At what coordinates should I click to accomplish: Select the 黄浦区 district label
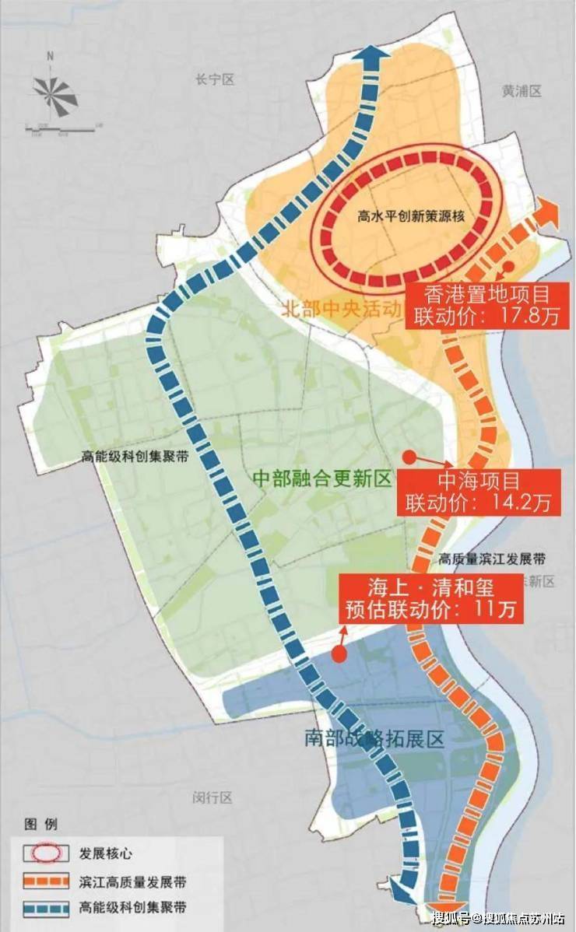pyautogui.click(x=521, y=91)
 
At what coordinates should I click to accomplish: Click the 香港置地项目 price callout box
pyautogui.click(x=486, y=305)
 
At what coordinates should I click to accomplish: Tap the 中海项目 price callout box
pyautogui.click(x=478, y=491)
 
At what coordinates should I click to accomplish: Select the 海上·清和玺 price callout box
pyautogui.click(x=430, y=597)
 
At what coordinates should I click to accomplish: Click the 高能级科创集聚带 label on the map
pyautogui.click(x=134, y=458)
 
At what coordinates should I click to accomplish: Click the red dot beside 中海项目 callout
pyautogui.click(x=407, y=457)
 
